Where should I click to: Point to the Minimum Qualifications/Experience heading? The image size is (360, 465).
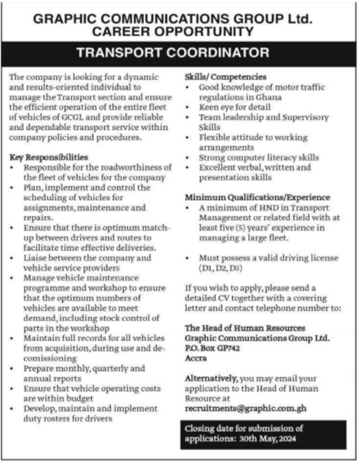pyautogui.click(x=257, y=197)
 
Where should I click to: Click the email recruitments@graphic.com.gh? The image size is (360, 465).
pyautogui.click(x=246, y=408)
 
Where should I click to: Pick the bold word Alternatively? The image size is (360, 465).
pyautogui.click(x=212, y=378)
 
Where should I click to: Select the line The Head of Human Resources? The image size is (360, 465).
pyautogui.click(x=245, y=328)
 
